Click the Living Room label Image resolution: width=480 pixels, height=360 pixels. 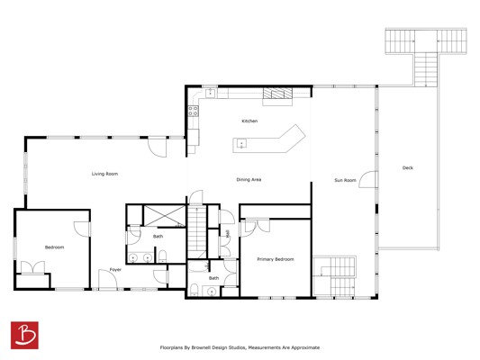tap(104, 174)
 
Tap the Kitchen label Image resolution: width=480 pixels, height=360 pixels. tap(249, 121)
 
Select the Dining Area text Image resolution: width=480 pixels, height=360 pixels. tap(249, 179)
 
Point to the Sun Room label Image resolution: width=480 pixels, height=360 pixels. tap(345, 180)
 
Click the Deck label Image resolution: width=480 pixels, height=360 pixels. tap(407, 167)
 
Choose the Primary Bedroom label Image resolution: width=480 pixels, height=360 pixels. tap(276, 259)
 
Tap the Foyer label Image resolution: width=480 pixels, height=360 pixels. tap(115, 269)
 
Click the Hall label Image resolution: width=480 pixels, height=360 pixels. tap(227, 234)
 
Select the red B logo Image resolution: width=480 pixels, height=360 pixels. tap(24, 335)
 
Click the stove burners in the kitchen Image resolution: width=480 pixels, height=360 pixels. tap(193, 111)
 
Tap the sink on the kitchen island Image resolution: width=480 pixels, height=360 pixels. tap(241, 143)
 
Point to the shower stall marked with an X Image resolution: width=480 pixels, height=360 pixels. tap(165, 216)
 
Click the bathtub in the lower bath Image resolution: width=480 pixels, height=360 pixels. tap(198, 266)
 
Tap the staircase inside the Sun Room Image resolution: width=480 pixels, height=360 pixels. tap(335, 276)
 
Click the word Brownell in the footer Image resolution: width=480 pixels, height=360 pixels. tap(204, 347)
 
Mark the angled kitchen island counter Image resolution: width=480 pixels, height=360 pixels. tap(269, 142)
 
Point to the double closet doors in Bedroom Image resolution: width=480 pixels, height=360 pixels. tap(32, 267)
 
